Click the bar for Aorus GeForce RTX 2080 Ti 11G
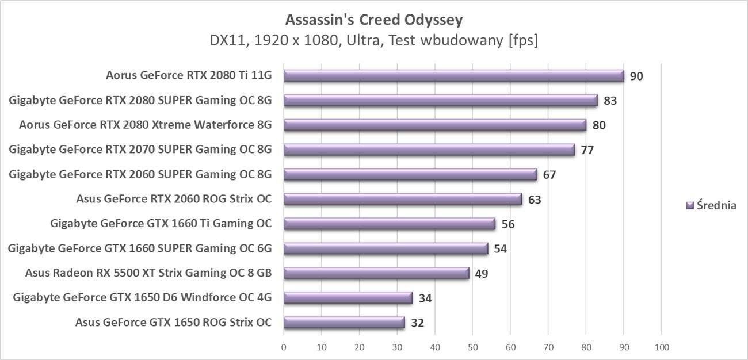click(x=453, y=76)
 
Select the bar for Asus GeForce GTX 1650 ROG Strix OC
click(x=344, y=322)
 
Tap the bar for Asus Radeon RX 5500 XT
click(x=376, y=273)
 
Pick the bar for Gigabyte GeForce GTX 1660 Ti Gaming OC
click(x=390, y=224)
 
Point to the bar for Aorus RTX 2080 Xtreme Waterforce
click(x=435, y=125)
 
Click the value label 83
click(x=610, y=101)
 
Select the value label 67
click(x=549, y=174)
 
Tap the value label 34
click(x=425, y=298)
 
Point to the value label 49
click(x=481, y=273)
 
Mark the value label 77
click(x=587, y=150)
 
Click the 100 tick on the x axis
click(x=662, y=347)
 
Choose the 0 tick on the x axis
click(x=284, y=347)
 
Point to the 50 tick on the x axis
click(x=472, y=347)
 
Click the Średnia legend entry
click(x=712, y=205)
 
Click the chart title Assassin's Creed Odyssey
click(x=374, y=20)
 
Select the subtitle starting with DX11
click(x=374, y=41)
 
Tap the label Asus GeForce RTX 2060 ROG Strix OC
click(x=173, y=200)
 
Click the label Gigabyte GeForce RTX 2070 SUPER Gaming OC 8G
click(x=140, y=150)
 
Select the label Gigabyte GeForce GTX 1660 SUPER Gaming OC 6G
click(x=139, y=248)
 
